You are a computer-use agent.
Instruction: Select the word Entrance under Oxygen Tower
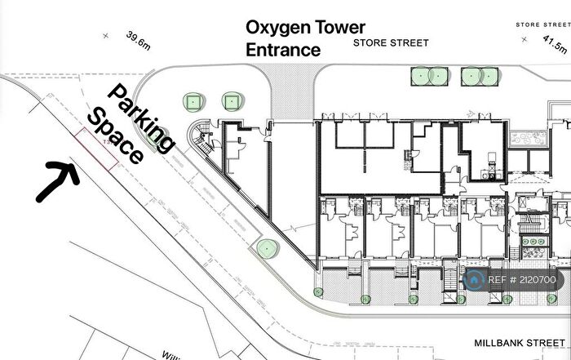click(x=283, y=49)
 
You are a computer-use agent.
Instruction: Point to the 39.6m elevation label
click(x=139, y=41)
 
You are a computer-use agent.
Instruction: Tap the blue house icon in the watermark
click(x=474, y=280)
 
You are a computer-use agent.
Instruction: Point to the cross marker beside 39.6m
click(x=104, y=35)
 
